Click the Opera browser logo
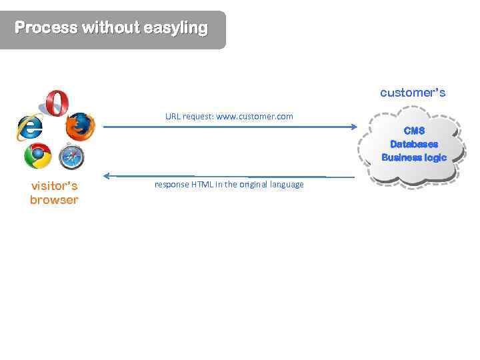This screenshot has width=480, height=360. [57, 103]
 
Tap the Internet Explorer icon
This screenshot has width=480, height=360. [29, 126]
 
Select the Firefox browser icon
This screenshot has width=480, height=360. [81, 127]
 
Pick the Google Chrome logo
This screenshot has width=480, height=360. [37, 156]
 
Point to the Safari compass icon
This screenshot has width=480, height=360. [71, 157]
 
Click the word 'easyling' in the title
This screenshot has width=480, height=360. [175, 28]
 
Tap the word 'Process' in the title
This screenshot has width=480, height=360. [45, 28]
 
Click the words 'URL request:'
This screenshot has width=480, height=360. [189, 117]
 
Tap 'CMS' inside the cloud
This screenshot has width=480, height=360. [414, 131]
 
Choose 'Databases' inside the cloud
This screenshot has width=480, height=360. [414, 144]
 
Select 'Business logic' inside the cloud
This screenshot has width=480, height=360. [414, 157]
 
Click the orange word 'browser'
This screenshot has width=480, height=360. [54, 200]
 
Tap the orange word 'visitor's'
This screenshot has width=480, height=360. [54, 186]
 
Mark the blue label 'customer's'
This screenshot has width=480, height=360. [413, 93]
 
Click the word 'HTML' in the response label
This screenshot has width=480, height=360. [200, 185]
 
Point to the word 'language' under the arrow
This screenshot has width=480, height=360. [286, 185]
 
